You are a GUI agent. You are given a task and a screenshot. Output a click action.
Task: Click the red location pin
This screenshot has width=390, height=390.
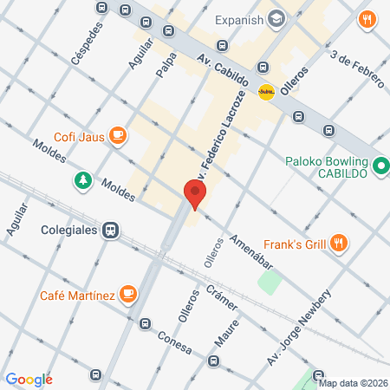click(x=195, y=194)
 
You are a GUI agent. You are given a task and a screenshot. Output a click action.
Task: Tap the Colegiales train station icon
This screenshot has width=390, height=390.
click(x=110, y=231)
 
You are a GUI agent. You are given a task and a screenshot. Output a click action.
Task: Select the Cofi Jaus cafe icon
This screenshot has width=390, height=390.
click(x=118, y=134)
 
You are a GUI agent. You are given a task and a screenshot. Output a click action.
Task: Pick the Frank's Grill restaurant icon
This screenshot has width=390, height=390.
click(x=341, y=244)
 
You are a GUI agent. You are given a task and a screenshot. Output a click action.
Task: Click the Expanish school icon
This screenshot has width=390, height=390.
click(x=277, y=17)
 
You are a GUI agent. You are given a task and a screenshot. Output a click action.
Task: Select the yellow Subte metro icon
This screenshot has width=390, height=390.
click(x=266, y=91)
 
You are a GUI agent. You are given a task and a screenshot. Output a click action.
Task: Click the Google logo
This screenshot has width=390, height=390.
click(x=29, y=379)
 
